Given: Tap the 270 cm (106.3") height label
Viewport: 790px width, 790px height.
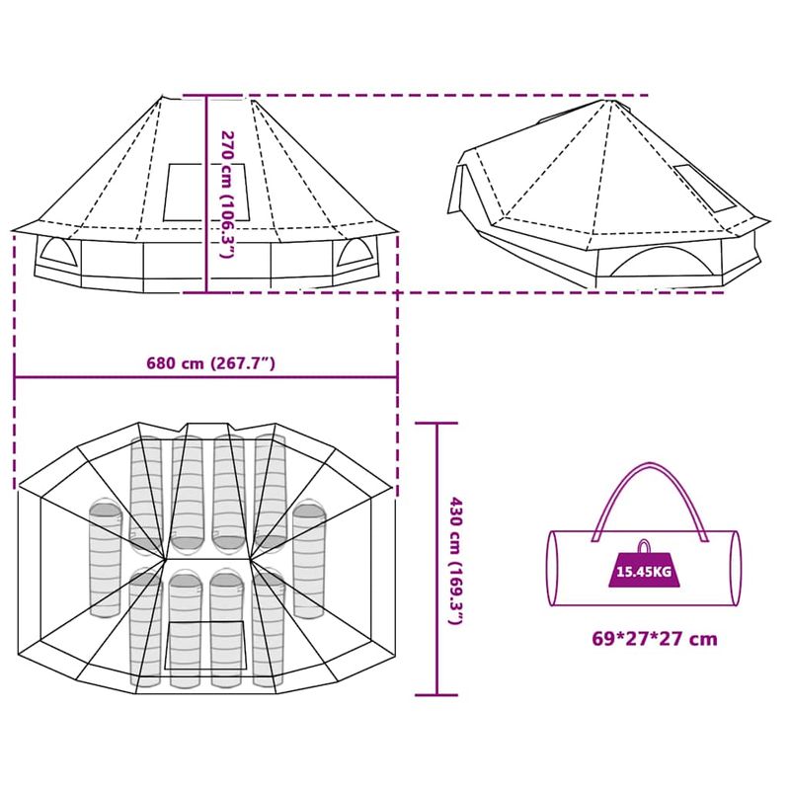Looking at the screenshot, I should click(226, 195).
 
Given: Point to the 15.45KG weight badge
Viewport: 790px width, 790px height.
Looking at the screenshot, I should click(643, 571).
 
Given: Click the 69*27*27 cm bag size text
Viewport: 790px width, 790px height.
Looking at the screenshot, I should click(654, 639).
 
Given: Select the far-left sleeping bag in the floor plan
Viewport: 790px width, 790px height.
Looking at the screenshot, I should click(104, 558).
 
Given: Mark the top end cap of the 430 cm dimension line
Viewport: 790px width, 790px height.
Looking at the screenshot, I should click(435, 423).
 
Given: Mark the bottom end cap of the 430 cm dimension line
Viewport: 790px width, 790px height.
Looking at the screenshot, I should click(435, 695).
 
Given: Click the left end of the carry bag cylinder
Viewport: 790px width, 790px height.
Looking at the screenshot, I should click(553, 568).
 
